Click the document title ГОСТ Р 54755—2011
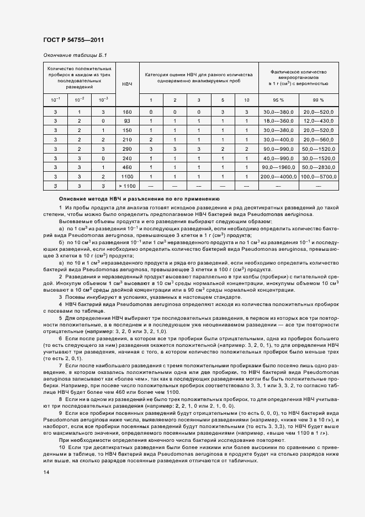(x=73, y=40)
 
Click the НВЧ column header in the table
(x=128, y=83)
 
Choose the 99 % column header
(x=319, y=100)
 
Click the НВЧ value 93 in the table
(x=128, y=120)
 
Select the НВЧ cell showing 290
(x=128, y=149)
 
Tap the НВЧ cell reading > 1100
(x=128, y=186)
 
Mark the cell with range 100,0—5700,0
(x=319, y=176)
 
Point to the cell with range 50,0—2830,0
(x=319, y=167)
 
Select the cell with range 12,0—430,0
(x=319, y=120)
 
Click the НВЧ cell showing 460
(x=128, y=167)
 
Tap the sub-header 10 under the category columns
(x=246, y=100)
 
